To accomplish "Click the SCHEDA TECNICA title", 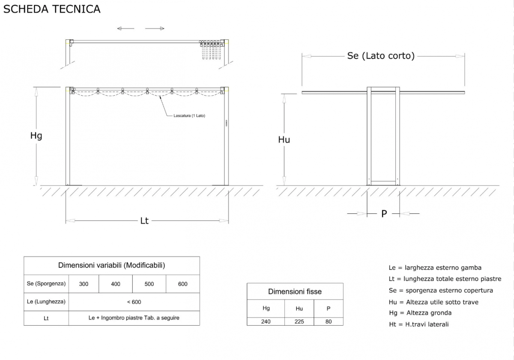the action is tap(52, 9).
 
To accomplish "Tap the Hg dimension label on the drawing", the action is tap(36, 135).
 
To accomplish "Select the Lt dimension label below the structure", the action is tap(144, 221).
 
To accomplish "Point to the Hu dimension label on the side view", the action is tap(284, 140).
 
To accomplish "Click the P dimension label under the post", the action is tap(384, 214).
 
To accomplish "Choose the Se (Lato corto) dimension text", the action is tap(381, 56).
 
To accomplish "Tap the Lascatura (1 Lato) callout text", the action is tap(189, 116).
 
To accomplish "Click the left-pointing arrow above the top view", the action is tap(126, 28).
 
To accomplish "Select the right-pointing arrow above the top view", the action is tap(155, 28).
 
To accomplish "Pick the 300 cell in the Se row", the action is tap(84, 284).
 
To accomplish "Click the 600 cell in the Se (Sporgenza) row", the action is tap(182, 284).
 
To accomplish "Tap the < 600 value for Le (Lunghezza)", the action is tap(134, 302).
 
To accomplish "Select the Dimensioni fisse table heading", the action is tap(295, 291).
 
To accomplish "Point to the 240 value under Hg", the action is tap(266, 321).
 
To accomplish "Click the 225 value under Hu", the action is tap(299, 321).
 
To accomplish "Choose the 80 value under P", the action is tap(329, 321).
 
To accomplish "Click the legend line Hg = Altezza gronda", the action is tap(420, 313).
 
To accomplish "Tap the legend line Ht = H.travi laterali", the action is tap(419, 324).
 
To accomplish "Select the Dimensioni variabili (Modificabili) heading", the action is tap(111, 265).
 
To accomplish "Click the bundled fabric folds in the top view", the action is tap(211, 50).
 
